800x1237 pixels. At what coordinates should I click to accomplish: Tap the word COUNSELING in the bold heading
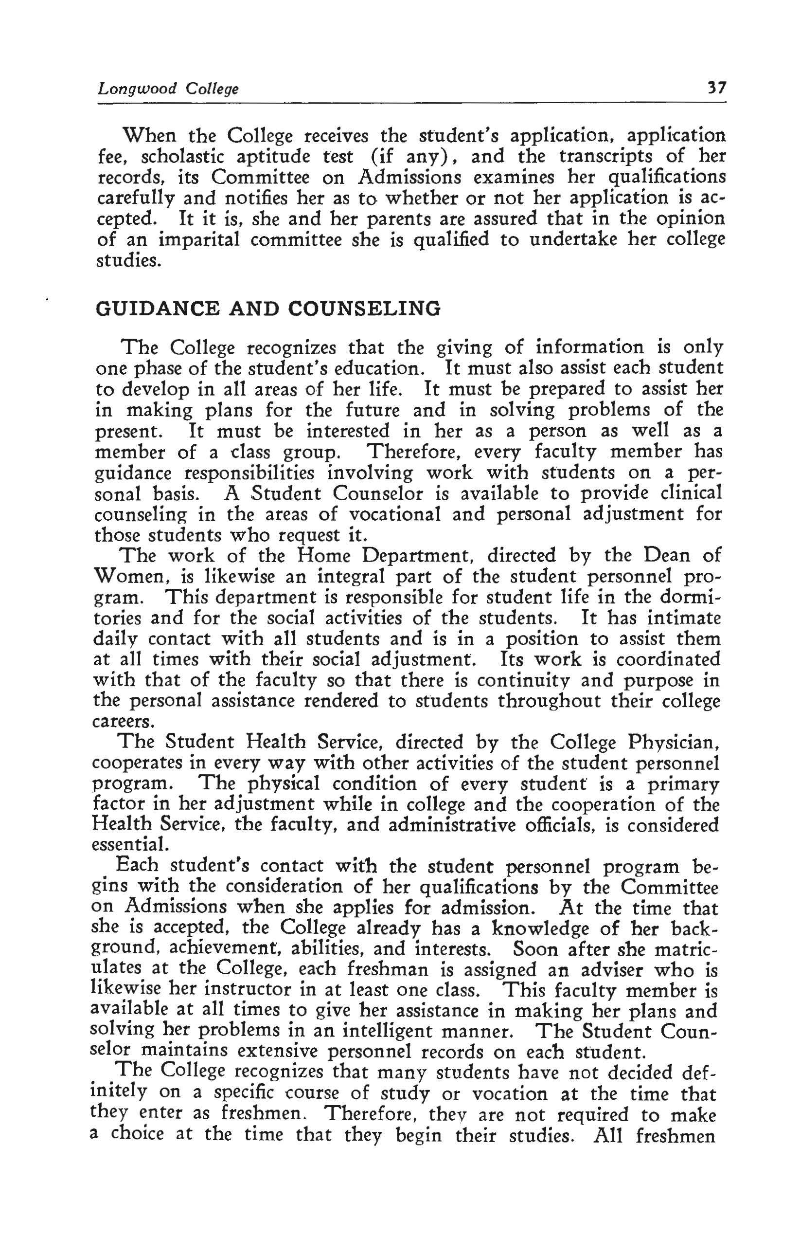point(364,309)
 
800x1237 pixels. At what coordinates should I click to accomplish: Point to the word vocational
point(394,514)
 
